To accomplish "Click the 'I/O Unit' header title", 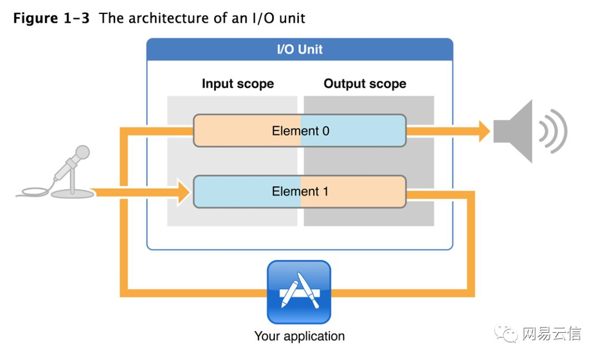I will point(299,49).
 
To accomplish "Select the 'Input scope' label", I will point(238,84).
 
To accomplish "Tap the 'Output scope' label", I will point(364,84).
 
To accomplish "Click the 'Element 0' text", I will point(300,131).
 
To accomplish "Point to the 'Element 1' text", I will point(300,191).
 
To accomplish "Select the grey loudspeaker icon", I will point(515,131).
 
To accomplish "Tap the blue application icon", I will point(299,292).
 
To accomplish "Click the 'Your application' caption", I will point(299,336).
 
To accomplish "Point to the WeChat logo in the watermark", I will point(507,334).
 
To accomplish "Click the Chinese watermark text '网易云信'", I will point(551,334).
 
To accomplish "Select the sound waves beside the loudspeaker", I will point(554,131).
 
